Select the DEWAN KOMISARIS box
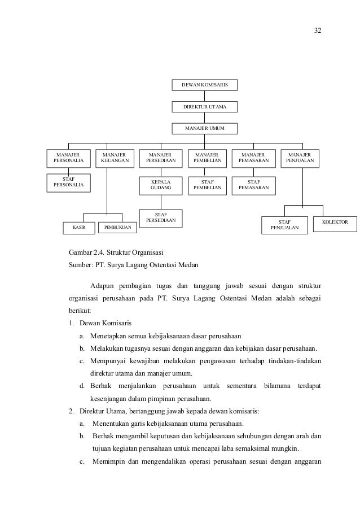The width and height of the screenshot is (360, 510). click(x=204, y=85)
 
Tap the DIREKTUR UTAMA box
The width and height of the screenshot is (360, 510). click(x=204, y=107)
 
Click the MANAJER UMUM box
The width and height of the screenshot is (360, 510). click(x=204, y=129)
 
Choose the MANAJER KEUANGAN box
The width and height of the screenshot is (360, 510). click(x=115, y=158)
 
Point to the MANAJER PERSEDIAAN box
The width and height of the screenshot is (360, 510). click(x=161, y=158)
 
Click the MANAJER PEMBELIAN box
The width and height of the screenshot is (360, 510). click(x=208, y=158)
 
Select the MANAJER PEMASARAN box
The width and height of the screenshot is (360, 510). click(x=254, y=158)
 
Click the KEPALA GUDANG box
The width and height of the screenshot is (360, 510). click(x=161, y=185)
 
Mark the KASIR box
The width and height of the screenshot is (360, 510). click(x=79, y=228)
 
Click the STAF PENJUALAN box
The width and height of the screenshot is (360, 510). click(x=286, y=225)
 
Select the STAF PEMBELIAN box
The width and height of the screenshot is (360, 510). click(x=208, y=185)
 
